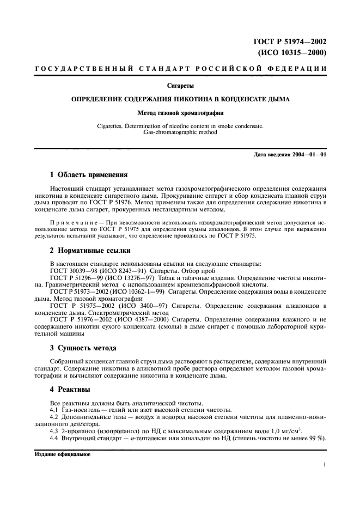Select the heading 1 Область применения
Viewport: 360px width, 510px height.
click(x=88, y=175)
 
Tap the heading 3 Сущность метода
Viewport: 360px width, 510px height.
click(x=83, y=348)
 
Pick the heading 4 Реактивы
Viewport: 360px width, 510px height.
click(x=69, y=390)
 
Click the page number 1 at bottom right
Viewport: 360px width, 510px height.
click(x=324, y=465)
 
